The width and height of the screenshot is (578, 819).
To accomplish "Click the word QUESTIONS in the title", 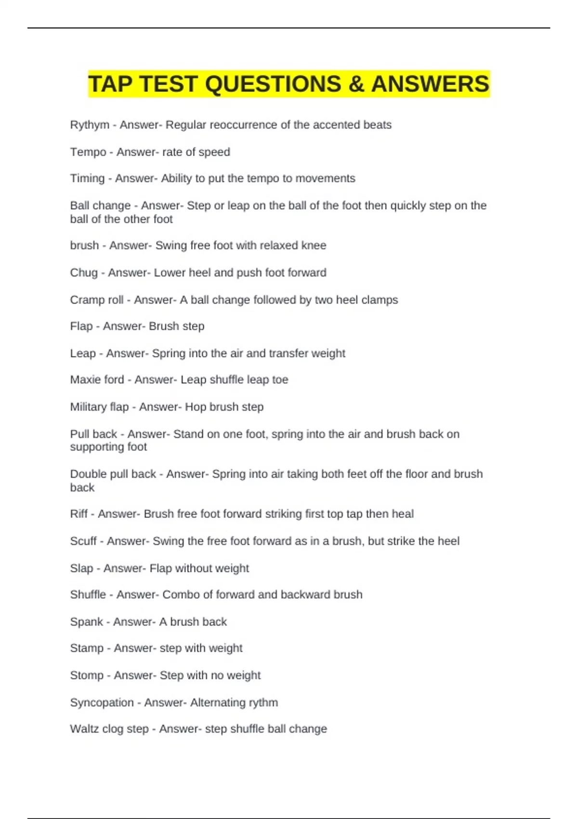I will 273,84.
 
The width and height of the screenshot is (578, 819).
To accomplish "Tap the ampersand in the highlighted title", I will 356,84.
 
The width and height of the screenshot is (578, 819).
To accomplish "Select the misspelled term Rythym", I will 90,125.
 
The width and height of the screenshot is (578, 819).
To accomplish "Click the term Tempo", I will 88,152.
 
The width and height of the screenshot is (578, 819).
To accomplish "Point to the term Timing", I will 87,178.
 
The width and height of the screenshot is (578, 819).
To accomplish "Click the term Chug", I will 84,273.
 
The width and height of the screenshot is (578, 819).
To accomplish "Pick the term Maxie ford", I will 97,380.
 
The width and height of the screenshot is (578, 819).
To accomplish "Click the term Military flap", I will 99,407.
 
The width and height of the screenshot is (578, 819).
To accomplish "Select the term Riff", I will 79,514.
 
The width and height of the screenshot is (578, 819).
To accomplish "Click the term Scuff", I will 83,541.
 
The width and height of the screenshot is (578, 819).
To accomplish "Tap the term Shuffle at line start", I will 88,594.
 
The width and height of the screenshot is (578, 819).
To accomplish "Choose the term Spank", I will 86,622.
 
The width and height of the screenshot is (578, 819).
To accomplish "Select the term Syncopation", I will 102,702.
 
